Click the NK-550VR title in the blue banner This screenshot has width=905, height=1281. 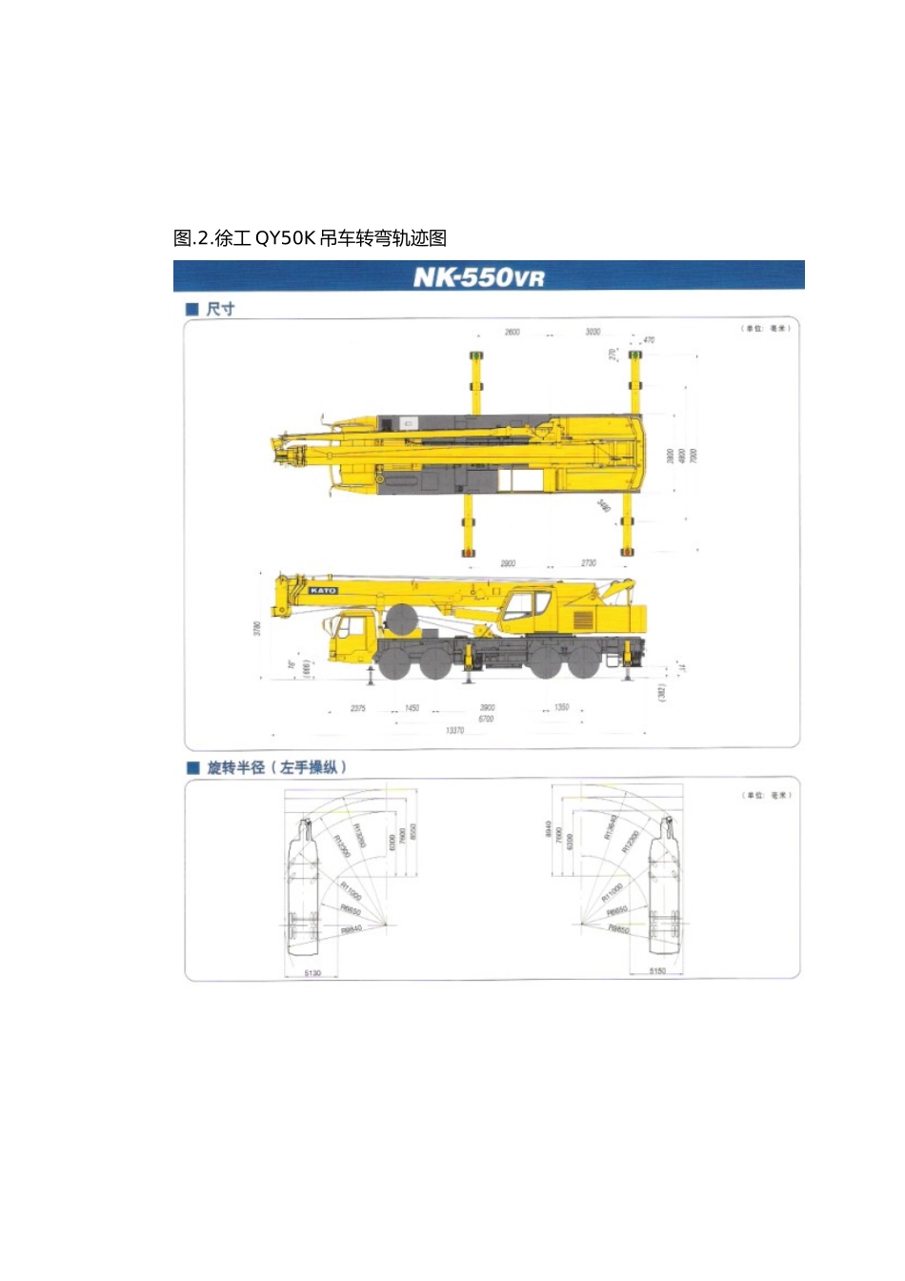pyautogui.click(x=478, y=277)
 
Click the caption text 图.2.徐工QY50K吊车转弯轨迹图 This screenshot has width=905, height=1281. pyautogui.click(x=311, y=238)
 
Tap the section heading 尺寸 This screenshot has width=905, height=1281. pyautogui.click(x=220, y=309)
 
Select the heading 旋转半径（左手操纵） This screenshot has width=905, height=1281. pyautogui.click(x=276, y=767)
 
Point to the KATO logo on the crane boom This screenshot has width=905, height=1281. pyautogui.click(x=322, y=591)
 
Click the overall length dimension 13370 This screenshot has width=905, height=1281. pyautogui.click(x=454, y=730)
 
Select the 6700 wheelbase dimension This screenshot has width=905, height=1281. pyautogui.click(x=486, y=719)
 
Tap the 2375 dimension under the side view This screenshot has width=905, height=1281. pyautogui.click(x=358, y=708)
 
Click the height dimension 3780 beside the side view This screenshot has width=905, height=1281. pyautogui.click(x=257, y=629)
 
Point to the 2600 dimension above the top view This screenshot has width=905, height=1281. pyautogui.click(x=512, y=333)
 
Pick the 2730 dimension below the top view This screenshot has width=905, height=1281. pyautogui.click(x=589, y=563)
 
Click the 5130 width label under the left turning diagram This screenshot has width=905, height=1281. pyautogui.click(x=312, y=973)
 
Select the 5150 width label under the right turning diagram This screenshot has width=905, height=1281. pyautogui.click(x=657, y=971)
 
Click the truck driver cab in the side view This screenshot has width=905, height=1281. pyautogui.click(x=351, y=637)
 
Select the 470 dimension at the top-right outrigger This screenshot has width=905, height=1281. pyautogui.click(x=649, y=340)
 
